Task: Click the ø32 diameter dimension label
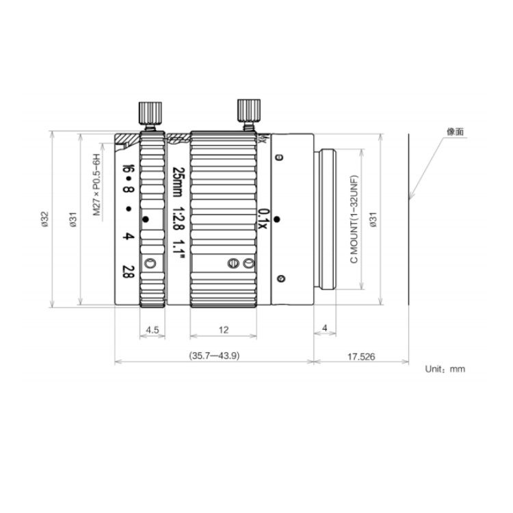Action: click(45, 219)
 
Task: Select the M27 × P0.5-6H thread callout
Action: click(97, 185)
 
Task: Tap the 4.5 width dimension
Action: click(153, 330)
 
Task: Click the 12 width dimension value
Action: click(224, 330)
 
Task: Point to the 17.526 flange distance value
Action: click(361, 356)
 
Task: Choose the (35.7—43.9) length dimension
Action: click(214, 356)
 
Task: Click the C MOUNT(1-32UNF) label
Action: click(354, 219)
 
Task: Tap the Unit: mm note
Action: click(445, 369)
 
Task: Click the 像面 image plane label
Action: click(456, 132)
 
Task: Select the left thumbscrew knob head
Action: click(150, 113)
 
